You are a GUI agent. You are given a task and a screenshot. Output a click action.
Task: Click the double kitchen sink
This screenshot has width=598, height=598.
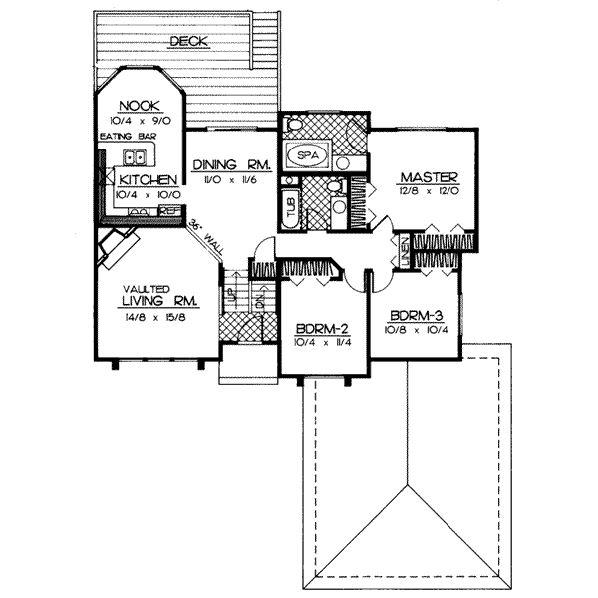137,156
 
